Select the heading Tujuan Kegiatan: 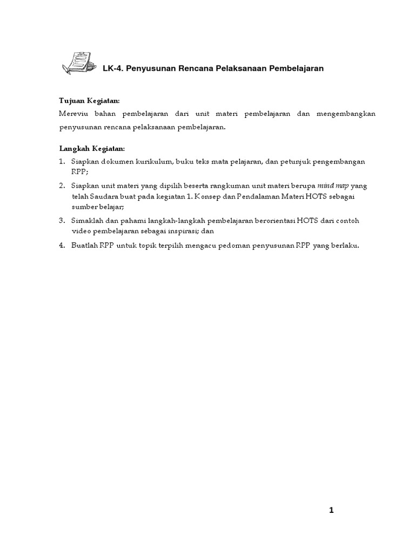pos(89,101)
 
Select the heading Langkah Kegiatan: pos(91,149)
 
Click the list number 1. pos(61,162)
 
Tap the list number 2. pos(61,186)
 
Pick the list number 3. pos(61,221)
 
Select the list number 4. pos(61,245)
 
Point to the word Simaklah pos(86,221)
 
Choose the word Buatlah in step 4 pos(83,245)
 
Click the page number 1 pos(332,510)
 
